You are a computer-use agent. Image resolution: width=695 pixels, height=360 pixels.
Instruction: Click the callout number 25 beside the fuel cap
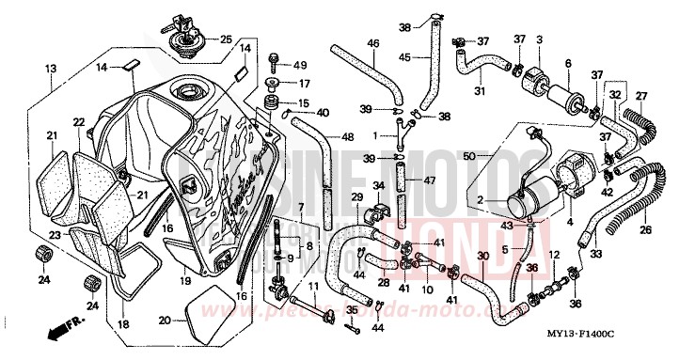pyautogui.click(x=225, y=39)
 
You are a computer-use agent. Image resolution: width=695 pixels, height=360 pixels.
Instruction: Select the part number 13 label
pyautogui.click(x=50, y=69)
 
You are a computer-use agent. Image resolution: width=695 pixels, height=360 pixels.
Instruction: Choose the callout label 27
pyautogui.click(x=642, y=96)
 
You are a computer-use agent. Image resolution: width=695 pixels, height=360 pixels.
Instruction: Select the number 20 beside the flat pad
pyautogui.click(x=166, y=320)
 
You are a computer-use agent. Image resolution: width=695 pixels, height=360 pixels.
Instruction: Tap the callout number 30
pyautogui.click(x=482, y=256)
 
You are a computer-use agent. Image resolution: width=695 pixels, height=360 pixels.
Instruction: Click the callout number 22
pyautogui.click(x=78, y=122)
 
